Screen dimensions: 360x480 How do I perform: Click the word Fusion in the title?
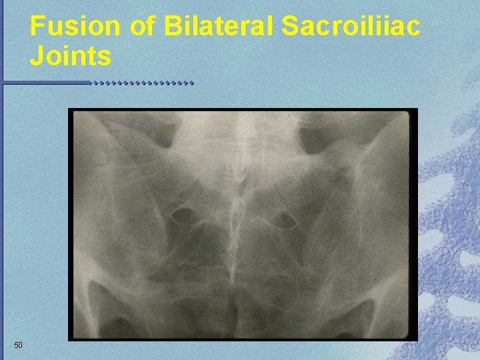pos(75,27)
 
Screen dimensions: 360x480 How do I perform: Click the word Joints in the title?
pos(70,57)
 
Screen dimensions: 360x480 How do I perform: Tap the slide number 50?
pos(18,345)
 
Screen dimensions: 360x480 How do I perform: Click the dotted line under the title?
pos(142,84)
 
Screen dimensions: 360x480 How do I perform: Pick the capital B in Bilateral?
pos(172,27)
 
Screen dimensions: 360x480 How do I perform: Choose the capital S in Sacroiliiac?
pos(291,27)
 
